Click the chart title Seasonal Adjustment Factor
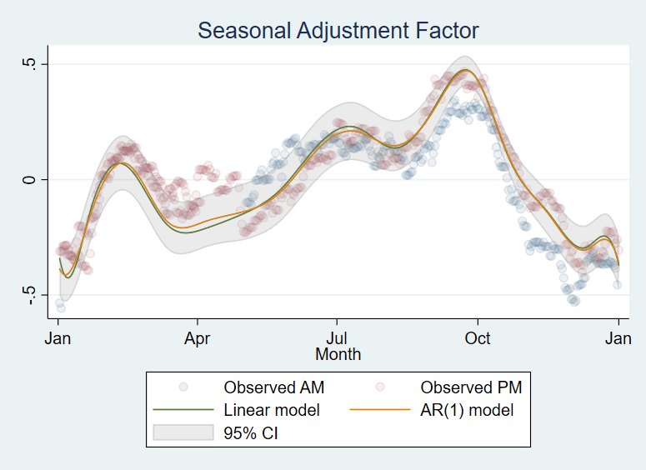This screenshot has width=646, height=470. (338, 31)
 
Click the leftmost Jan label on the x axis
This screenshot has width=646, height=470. (58, 338)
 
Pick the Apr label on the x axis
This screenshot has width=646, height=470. (197, 338)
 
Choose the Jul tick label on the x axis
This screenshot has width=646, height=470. (337, 338)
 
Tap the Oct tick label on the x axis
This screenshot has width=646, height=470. (477, 338)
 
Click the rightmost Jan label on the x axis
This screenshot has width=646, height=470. (618, 338)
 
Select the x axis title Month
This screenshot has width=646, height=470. (338, 354)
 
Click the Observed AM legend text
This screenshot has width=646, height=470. (273, 387)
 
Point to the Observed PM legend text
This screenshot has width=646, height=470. (471, 387)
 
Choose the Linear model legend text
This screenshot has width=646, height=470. (272, 410)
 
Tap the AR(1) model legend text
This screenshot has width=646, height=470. (468, 410)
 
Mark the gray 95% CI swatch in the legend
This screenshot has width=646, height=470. (183, 433)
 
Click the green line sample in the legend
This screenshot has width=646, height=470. (183, 410)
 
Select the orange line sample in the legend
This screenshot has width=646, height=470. (380, 410)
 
